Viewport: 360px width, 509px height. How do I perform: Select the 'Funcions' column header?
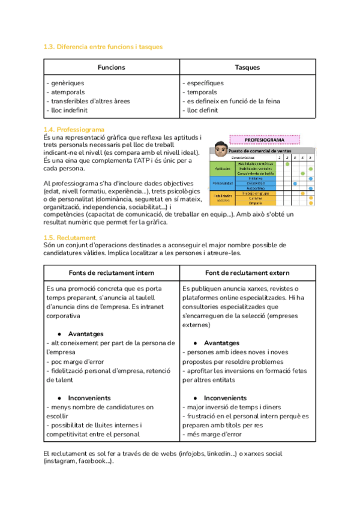112,68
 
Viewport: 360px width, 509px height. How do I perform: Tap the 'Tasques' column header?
247,68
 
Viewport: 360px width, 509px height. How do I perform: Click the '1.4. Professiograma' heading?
74,130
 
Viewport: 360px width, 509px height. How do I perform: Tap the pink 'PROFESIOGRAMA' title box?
265,140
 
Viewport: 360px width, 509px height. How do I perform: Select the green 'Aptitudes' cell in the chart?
223,168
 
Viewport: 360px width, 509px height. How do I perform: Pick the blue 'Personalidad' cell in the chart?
223,183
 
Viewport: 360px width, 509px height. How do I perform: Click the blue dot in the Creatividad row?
295,183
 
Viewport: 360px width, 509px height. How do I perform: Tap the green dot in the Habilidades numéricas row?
287,163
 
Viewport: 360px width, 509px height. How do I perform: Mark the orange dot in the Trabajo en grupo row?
303,193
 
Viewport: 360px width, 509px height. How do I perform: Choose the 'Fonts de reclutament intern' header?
112,273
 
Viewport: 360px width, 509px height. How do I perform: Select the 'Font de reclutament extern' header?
247,273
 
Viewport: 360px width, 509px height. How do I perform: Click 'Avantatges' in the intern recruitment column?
86,334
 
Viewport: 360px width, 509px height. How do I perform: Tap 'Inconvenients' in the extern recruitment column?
225,398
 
